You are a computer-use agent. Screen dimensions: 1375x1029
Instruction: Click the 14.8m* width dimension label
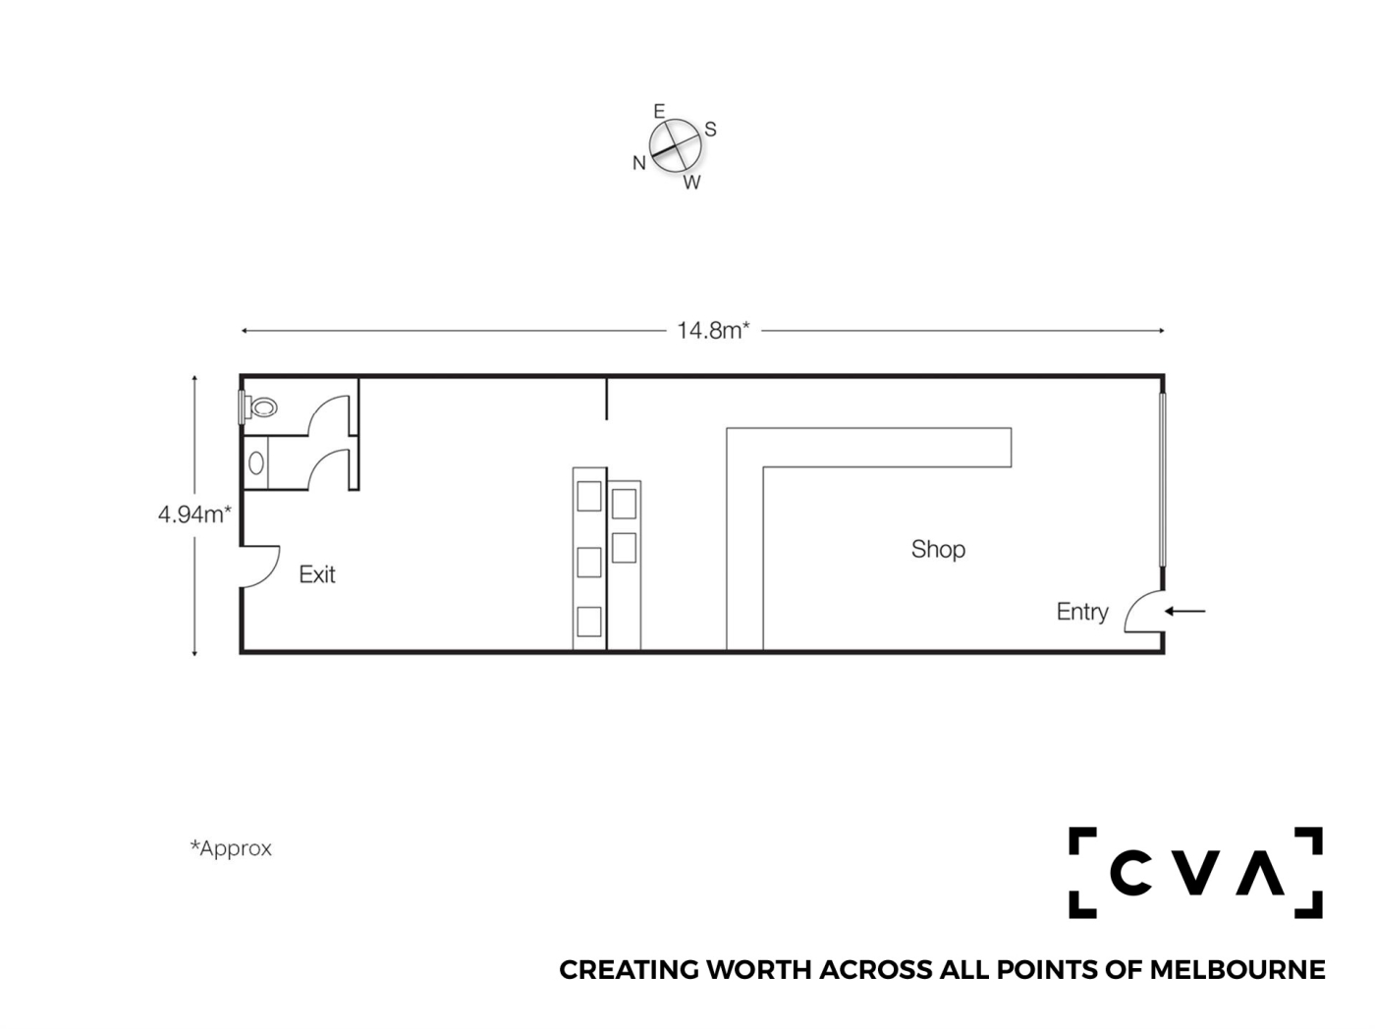coord(713,331)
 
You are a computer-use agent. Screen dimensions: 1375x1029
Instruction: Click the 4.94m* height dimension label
coord(194,514)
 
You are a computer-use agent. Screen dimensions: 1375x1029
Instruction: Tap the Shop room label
coord(938,549)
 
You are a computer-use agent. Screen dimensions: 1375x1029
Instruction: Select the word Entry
coord(1082,612)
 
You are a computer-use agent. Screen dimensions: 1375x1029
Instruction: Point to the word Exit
coord(317,574)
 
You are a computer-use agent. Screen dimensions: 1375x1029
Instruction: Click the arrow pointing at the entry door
coord(1184,612)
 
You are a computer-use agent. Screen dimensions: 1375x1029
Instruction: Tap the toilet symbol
coord(259,407)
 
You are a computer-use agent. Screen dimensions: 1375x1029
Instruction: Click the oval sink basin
coord(255,463)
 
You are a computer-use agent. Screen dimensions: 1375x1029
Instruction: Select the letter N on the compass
coord(638,163)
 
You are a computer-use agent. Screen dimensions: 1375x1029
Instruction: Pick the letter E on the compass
coord(659,112)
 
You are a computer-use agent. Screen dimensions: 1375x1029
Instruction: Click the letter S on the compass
coord(710,129)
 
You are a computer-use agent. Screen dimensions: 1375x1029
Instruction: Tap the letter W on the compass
coord(691,183)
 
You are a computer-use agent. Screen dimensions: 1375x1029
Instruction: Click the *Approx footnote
coord(231,848)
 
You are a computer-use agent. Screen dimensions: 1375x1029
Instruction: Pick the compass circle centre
coord(675,145)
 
